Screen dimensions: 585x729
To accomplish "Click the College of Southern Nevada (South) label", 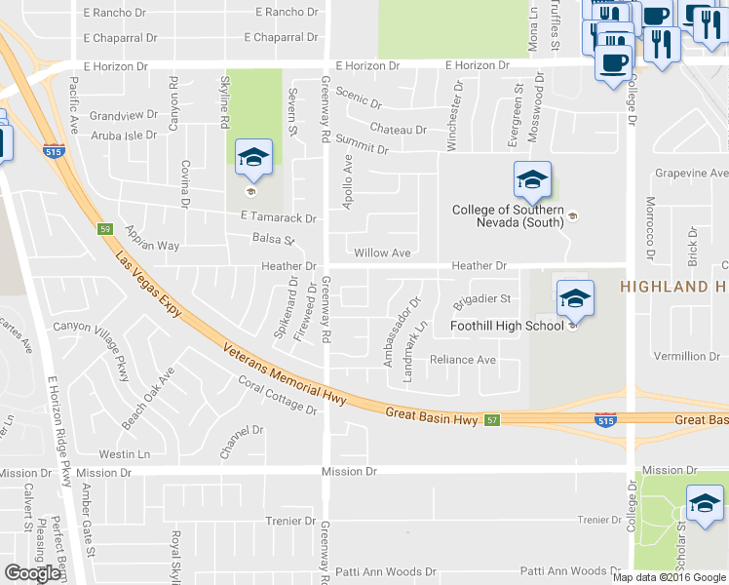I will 508,216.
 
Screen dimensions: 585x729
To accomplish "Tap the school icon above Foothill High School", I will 575,297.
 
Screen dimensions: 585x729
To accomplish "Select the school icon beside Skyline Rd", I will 253,159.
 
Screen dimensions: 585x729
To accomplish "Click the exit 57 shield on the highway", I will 493,419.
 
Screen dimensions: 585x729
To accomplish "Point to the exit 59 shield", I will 104,229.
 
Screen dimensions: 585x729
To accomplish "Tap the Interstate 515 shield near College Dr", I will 604,419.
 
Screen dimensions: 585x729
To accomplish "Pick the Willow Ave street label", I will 382,253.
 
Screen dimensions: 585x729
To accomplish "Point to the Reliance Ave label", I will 463,360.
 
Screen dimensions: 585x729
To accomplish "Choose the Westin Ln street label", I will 124,454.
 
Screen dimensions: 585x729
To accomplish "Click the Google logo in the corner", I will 33,573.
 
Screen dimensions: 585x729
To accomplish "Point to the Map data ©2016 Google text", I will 669,577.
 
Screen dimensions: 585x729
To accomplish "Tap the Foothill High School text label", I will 507,326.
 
